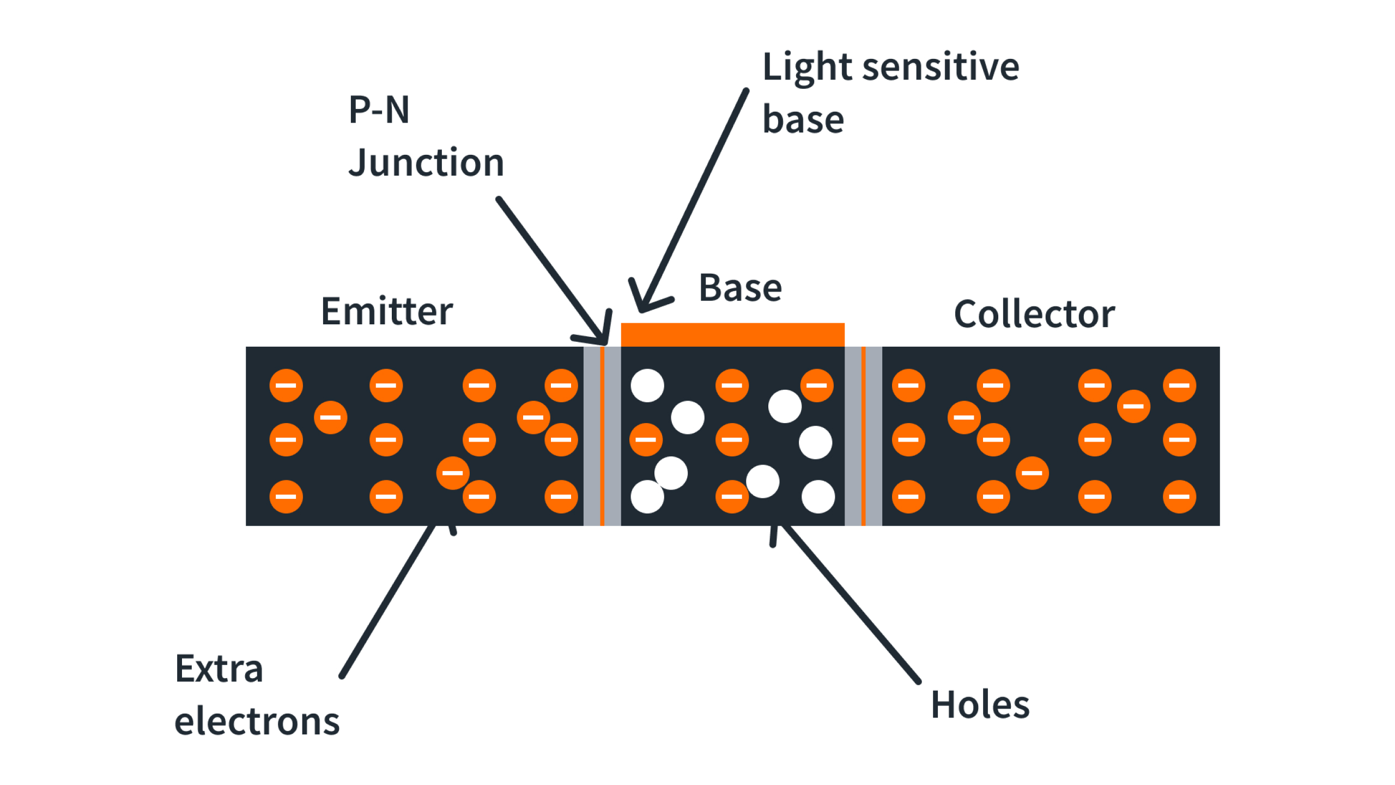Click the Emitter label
(x=387, y=312)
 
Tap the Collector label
(x=1034, y=315)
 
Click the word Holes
(x=980, y=705)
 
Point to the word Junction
(x=426, y=164)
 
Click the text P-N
(x=379, y=110)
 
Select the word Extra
(x=219, y=669)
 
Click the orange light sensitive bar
(x=732, y=334)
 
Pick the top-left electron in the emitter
(x=286, y=385)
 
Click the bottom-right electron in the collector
(x=1179, y=497)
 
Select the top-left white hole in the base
(x=647, y=385)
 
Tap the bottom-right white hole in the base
(x=818, y=497)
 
